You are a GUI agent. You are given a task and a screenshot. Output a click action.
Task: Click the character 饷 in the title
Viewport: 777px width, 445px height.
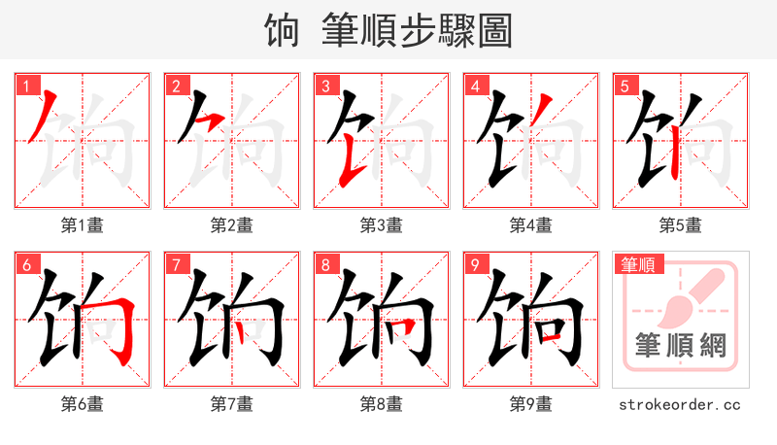[282, 30]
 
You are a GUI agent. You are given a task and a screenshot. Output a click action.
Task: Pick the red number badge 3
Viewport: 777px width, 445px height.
[325, 86]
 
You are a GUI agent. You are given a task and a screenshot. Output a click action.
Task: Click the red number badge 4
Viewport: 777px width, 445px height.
[475, 86]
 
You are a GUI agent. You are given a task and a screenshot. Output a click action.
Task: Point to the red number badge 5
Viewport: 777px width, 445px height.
[625, 86]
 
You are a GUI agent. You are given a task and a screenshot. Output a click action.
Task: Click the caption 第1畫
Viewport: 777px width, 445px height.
[83, 225]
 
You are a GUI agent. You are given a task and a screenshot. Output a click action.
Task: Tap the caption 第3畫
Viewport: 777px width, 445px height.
[382, 225]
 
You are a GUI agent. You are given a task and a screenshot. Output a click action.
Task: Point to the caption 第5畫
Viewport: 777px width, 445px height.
[681, 225]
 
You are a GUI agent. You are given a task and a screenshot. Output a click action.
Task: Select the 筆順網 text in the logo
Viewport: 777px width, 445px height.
[681, 346]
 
